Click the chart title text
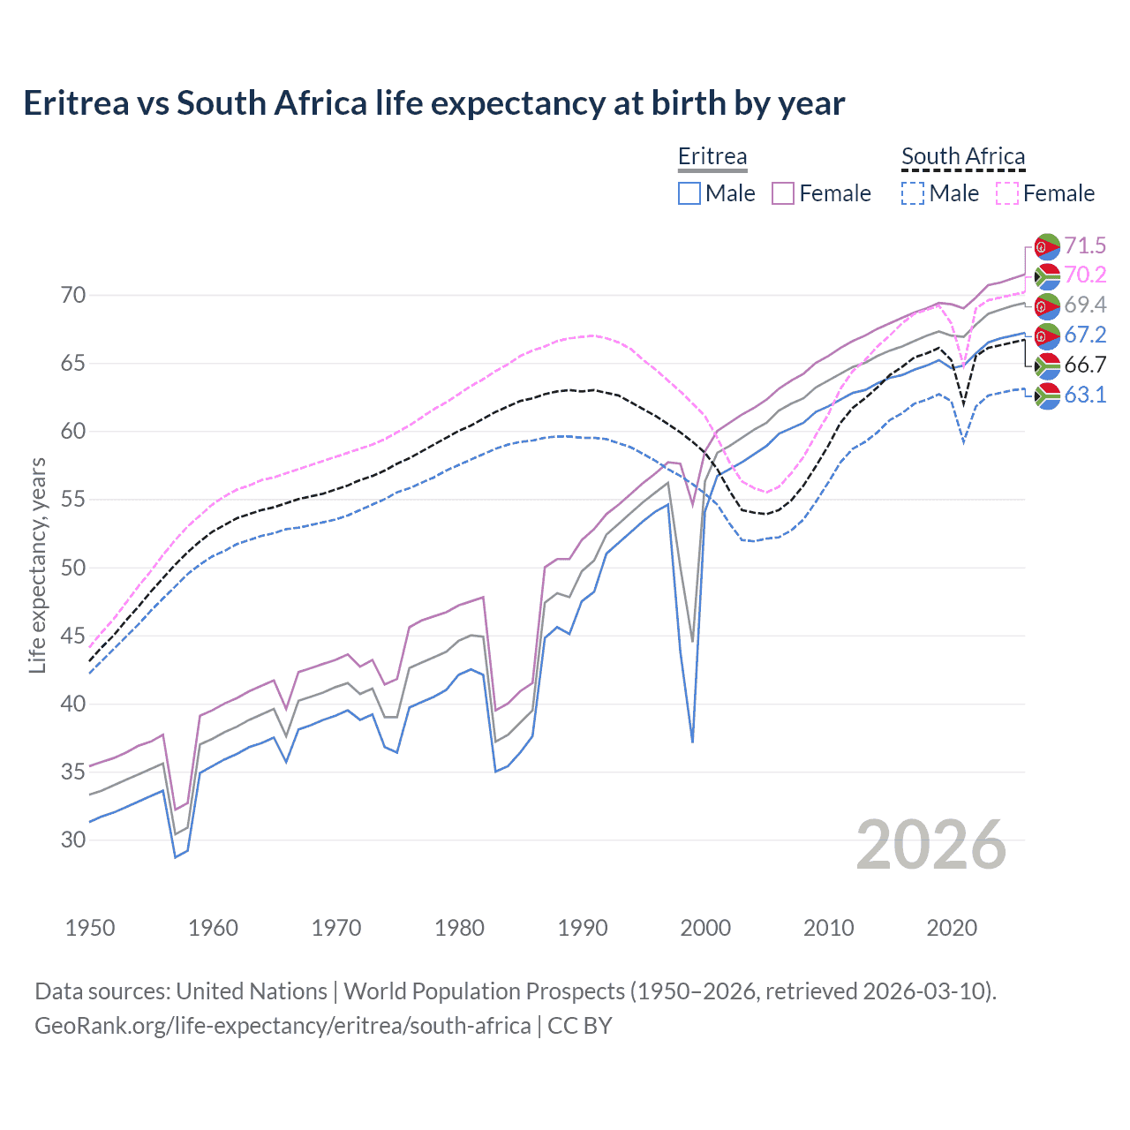[x=433, y=103]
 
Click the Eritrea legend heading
[x=712, y=156]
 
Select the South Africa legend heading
[x=962, y=156]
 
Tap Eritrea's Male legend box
[x=689, y=193]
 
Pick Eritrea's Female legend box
[x=783, y=193]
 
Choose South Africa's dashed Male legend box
[x=913, y=193]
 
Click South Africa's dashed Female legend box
[x=1007, y=193]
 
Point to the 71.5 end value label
[x=1085, y=245]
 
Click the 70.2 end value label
[x=1085, y=275]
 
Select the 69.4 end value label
[x=1085, y=305]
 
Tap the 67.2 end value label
[x=1085, y=335]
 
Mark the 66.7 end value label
[x=1085, y=365]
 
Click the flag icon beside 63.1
[x=1047, y=395]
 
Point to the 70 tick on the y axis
[x=73, y=296]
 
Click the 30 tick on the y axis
[x=73, y=840]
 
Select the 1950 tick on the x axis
[x=90, y=928]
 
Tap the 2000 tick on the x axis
[x=705, y=928]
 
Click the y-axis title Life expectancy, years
[x=37, y=565]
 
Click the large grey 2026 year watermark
[x=930, y=845]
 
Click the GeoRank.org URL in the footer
[x=282, y=1026]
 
